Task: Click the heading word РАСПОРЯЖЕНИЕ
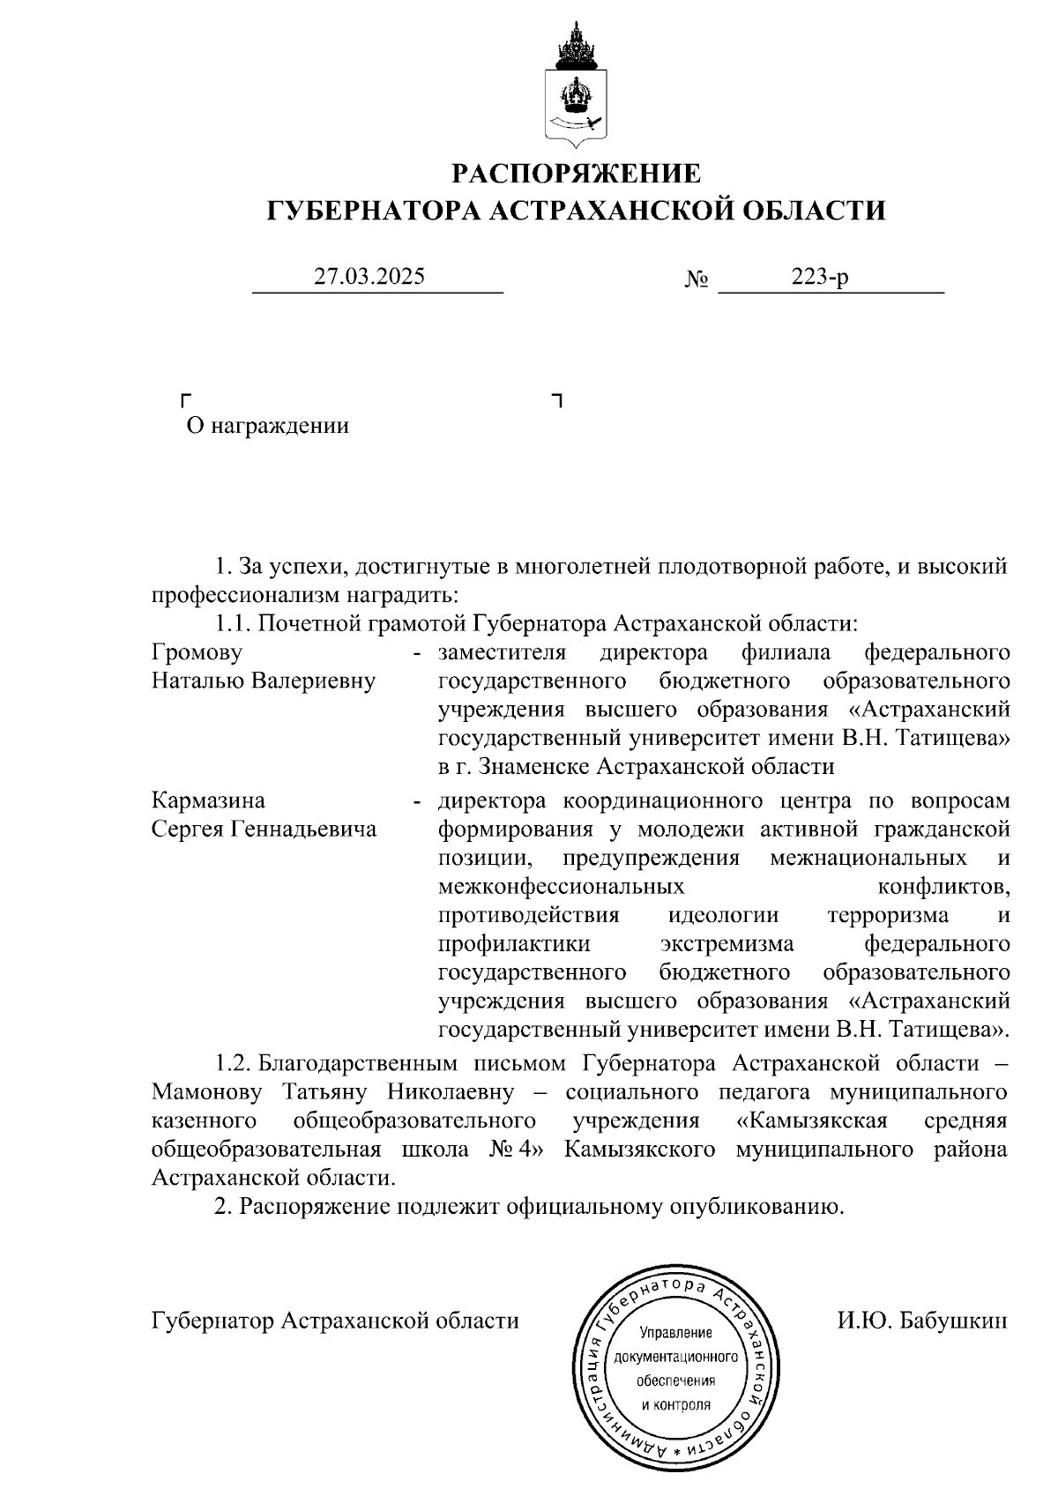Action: (x=577, y=174)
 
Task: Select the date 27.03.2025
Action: (x=369, y=276)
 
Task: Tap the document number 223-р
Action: (x=820, y=277)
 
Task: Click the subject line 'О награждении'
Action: (x=267, y=426)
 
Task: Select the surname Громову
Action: (x=197, y=652)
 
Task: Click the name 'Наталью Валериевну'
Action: (x=264, y=681)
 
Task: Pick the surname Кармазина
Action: (x=208, y=800)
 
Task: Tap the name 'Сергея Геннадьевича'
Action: (x=264, y=829)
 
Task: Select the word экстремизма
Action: (x=726, y=943)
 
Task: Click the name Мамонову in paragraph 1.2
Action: (x=207, y=1092)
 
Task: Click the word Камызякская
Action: (x=811, y=1120)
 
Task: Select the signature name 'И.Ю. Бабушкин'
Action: (x=922, y=1321)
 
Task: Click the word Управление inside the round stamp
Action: (x=675, y=1332)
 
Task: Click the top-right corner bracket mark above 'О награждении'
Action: (x=556, y=401)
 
